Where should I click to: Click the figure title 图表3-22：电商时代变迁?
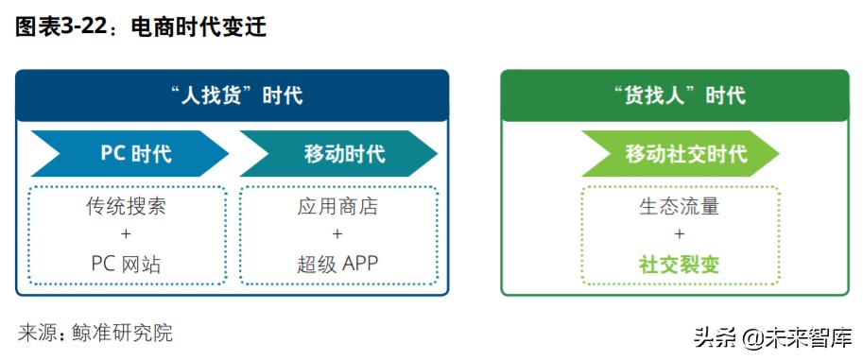click(x=141, y=28)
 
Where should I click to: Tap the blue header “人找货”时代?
click(x=232, y=95)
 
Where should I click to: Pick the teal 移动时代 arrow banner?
click(x=339, y=153)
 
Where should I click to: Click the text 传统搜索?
click(x=127, y=207)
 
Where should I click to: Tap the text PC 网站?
click(x=127, y=264)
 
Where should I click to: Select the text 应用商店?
click(x=337, y=207)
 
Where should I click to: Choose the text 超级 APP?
click(x=337, y=264)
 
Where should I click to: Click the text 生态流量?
click(x=680, y=207)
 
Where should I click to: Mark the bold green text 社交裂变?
click(x=680, y=264)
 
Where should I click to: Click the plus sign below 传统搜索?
click(x=127, y=235)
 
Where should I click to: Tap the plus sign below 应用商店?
click(x=337, y=235)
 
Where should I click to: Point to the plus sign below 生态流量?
click(x=680, y=235)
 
